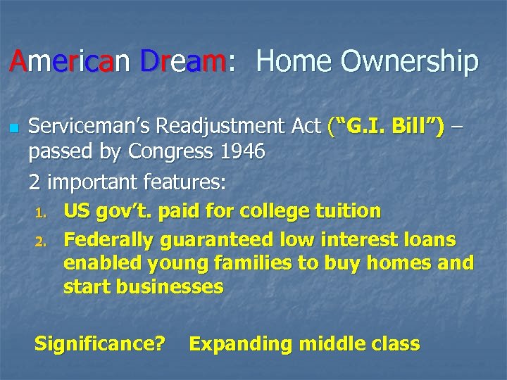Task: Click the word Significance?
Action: pos(100,344)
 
